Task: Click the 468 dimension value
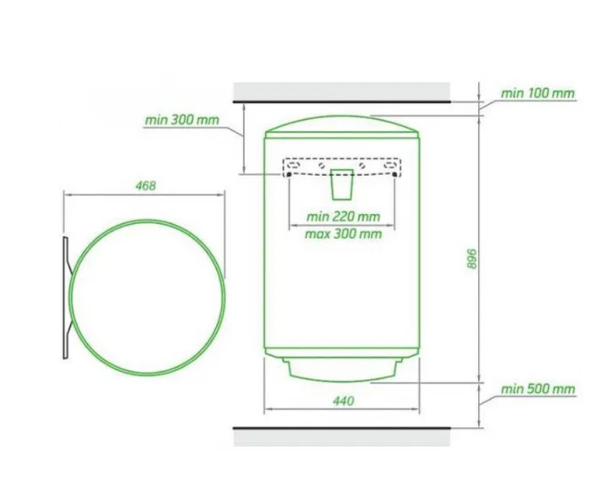click(x=145, y=186)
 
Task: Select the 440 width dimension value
click(x=344, y=401)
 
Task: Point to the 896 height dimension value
click(x=471, y=259)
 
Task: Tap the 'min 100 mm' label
click(x=537, y=93)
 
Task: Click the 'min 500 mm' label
click(x=538, y=389)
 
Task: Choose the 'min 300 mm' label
click(x=182, y=120)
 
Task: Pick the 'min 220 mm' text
click(x=343, y=216)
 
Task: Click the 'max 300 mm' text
click(x=343, y=234)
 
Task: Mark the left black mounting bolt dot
click(x=289, y=175)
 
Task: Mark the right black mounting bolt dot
click(x=394, y=175)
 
